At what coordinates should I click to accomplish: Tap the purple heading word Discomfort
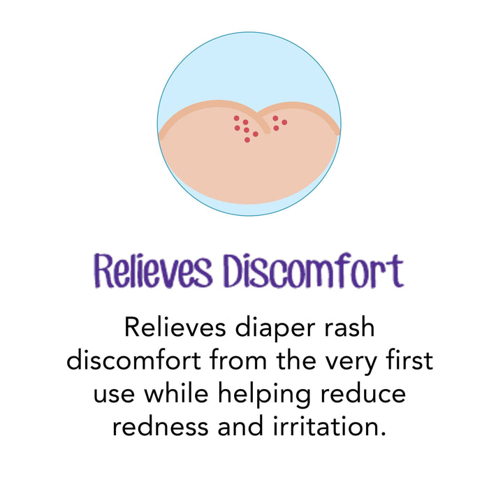[x=312, y=271]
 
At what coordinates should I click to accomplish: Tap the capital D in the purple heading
[x=235, y=271]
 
